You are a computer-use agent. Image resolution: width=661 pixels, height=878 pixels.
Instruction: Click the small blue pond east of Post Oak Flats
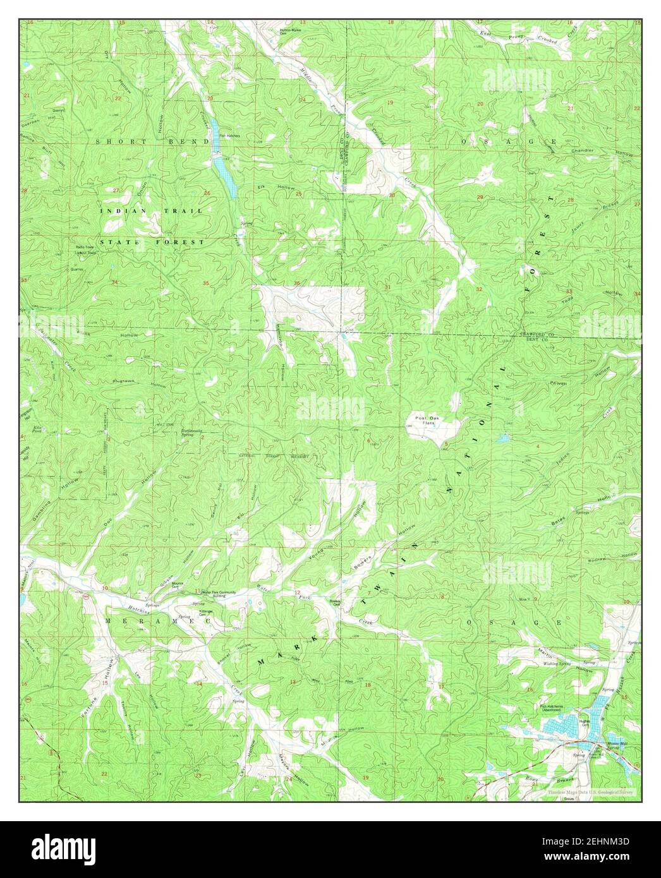point(502,437)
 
